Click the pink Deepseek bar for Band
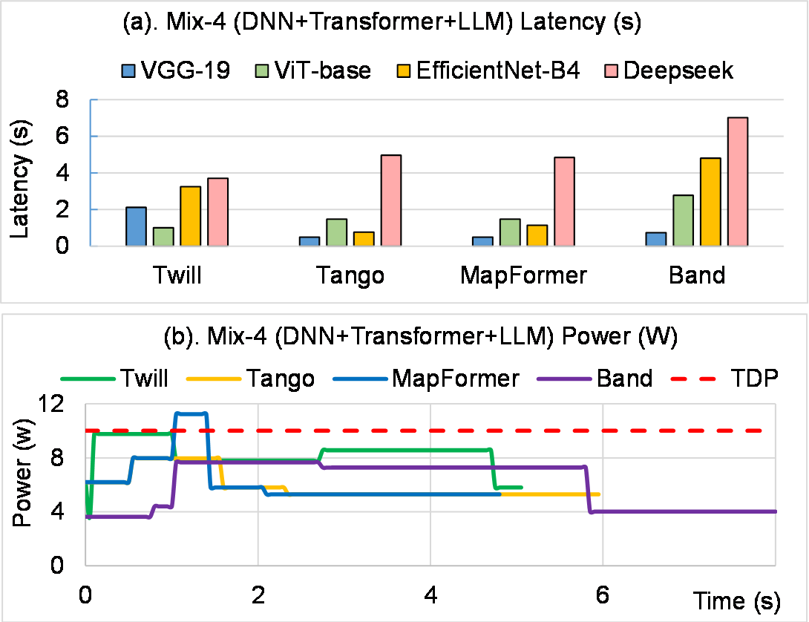coord(737,182)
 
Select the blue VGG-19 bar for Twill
coord(135,226)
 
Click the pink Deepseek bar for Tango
coord(391,200)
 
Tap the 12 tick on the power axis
coord(65,405)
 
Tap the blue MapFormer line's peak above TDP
coord(190,413)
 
